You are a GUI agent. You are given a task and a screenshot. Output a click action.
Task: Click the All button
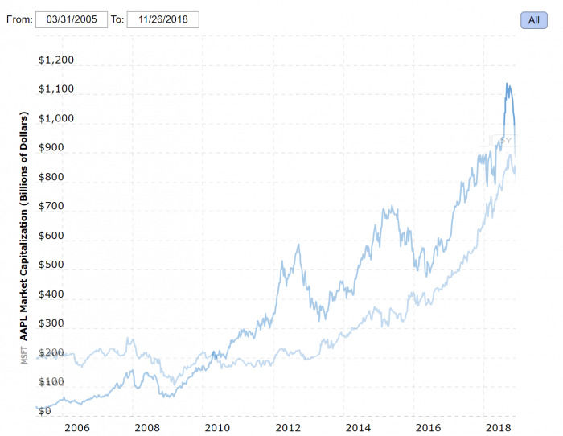(533, 20)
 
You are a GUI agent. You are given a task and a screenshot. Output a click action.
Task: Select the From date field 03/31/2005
(71, 19)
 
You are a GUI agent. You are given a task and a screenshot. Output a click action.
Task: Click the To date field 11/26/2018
(162, 19)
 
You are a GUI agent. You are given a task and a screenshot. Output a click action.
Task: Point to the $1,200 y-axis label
(56, 60)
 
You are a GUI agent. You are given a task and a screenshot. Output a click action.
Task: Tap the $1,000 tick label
(56, 119)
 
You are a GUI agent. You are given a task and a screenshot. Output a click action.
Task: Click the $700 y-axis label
(56, 207)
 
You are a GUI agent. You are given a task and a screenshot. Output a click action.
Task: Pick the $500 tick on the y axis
(56, 265)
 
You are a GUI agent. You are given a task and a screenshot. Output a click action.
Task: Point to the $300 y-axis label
(56, 323)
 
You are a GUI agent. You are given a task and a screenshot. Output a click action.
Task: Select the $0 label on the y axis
(45, 411)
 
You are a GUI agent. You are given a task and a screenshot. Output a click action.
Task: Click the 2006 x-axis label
(76, 428)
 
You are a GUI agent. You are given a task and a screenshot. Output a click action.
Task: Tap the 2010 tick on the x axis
(215, 428)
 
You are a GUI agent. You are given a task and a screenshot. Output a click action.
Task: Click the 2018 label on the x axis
(500, 428)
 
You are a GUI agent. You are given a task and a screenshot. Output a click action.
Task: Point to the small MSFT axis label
(24, 355)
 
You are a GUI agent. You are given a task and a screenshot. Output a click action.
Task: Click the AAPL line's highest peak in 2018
(507, 83)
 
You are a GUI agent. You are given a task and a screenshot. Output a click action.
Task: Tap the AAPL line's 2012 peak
(299, 245)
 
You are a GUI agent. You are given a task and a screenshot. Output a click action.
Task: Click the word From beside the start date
(18, 19)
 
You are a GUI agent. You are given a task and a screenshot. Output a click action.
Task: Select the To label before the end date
(117, 19)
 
